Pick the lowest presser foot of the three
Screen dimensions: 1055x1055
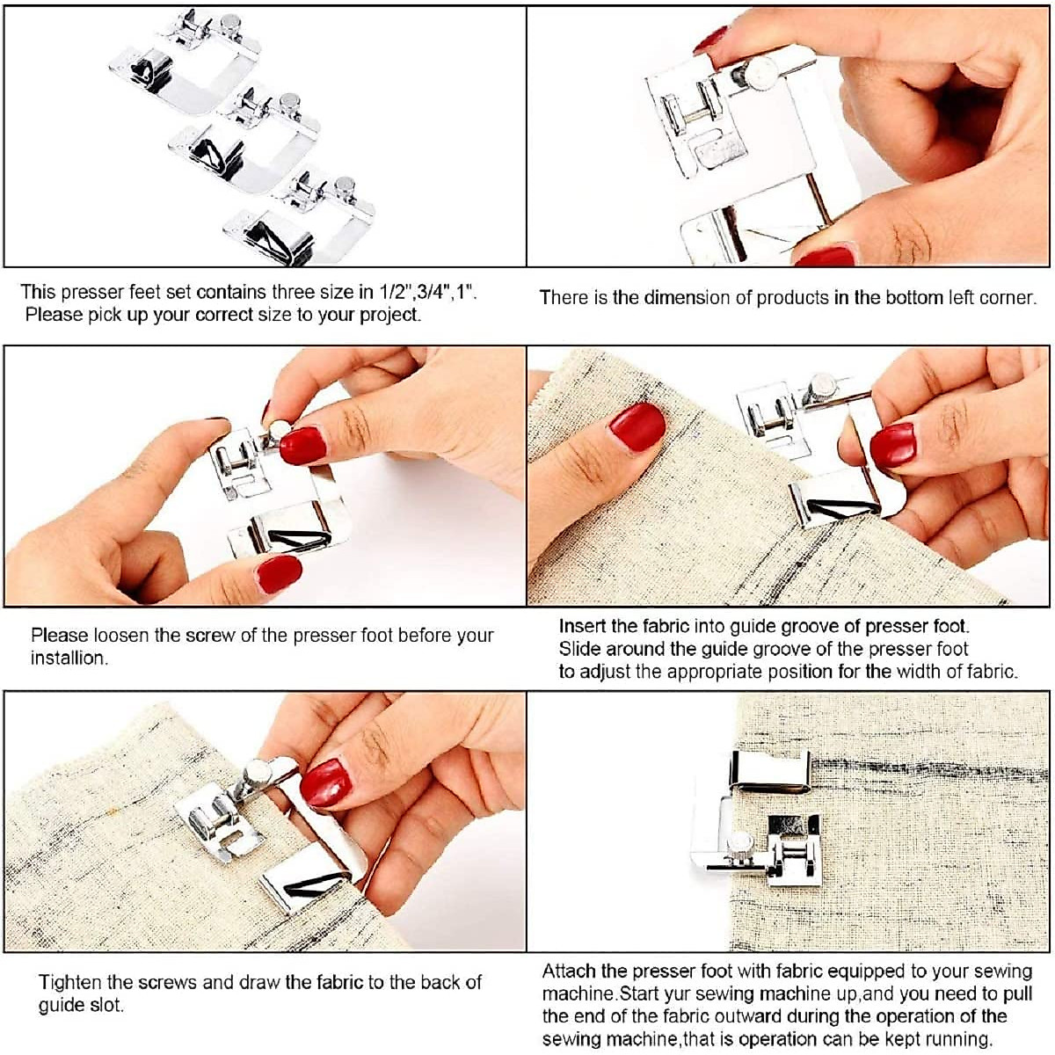point(299,220)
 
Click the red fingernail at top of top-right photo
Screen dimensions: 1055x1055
point(711,40)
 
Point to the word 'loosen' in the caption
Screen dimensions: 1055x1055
point(121,635)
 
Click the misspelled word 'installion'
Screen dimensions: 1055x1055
point(69,658)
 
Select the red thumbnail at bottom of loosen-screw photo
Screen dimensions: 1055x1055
point(279,573)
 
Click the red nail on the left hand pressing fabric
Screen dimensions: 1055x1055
point(637,426)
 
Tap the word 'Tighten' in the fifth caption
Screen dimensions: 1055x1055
point(69,982)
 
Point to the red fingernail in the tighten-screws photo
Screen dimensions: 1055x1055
point(325,782)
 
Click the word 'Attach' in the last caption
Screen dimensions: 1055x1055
point(569,971)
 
